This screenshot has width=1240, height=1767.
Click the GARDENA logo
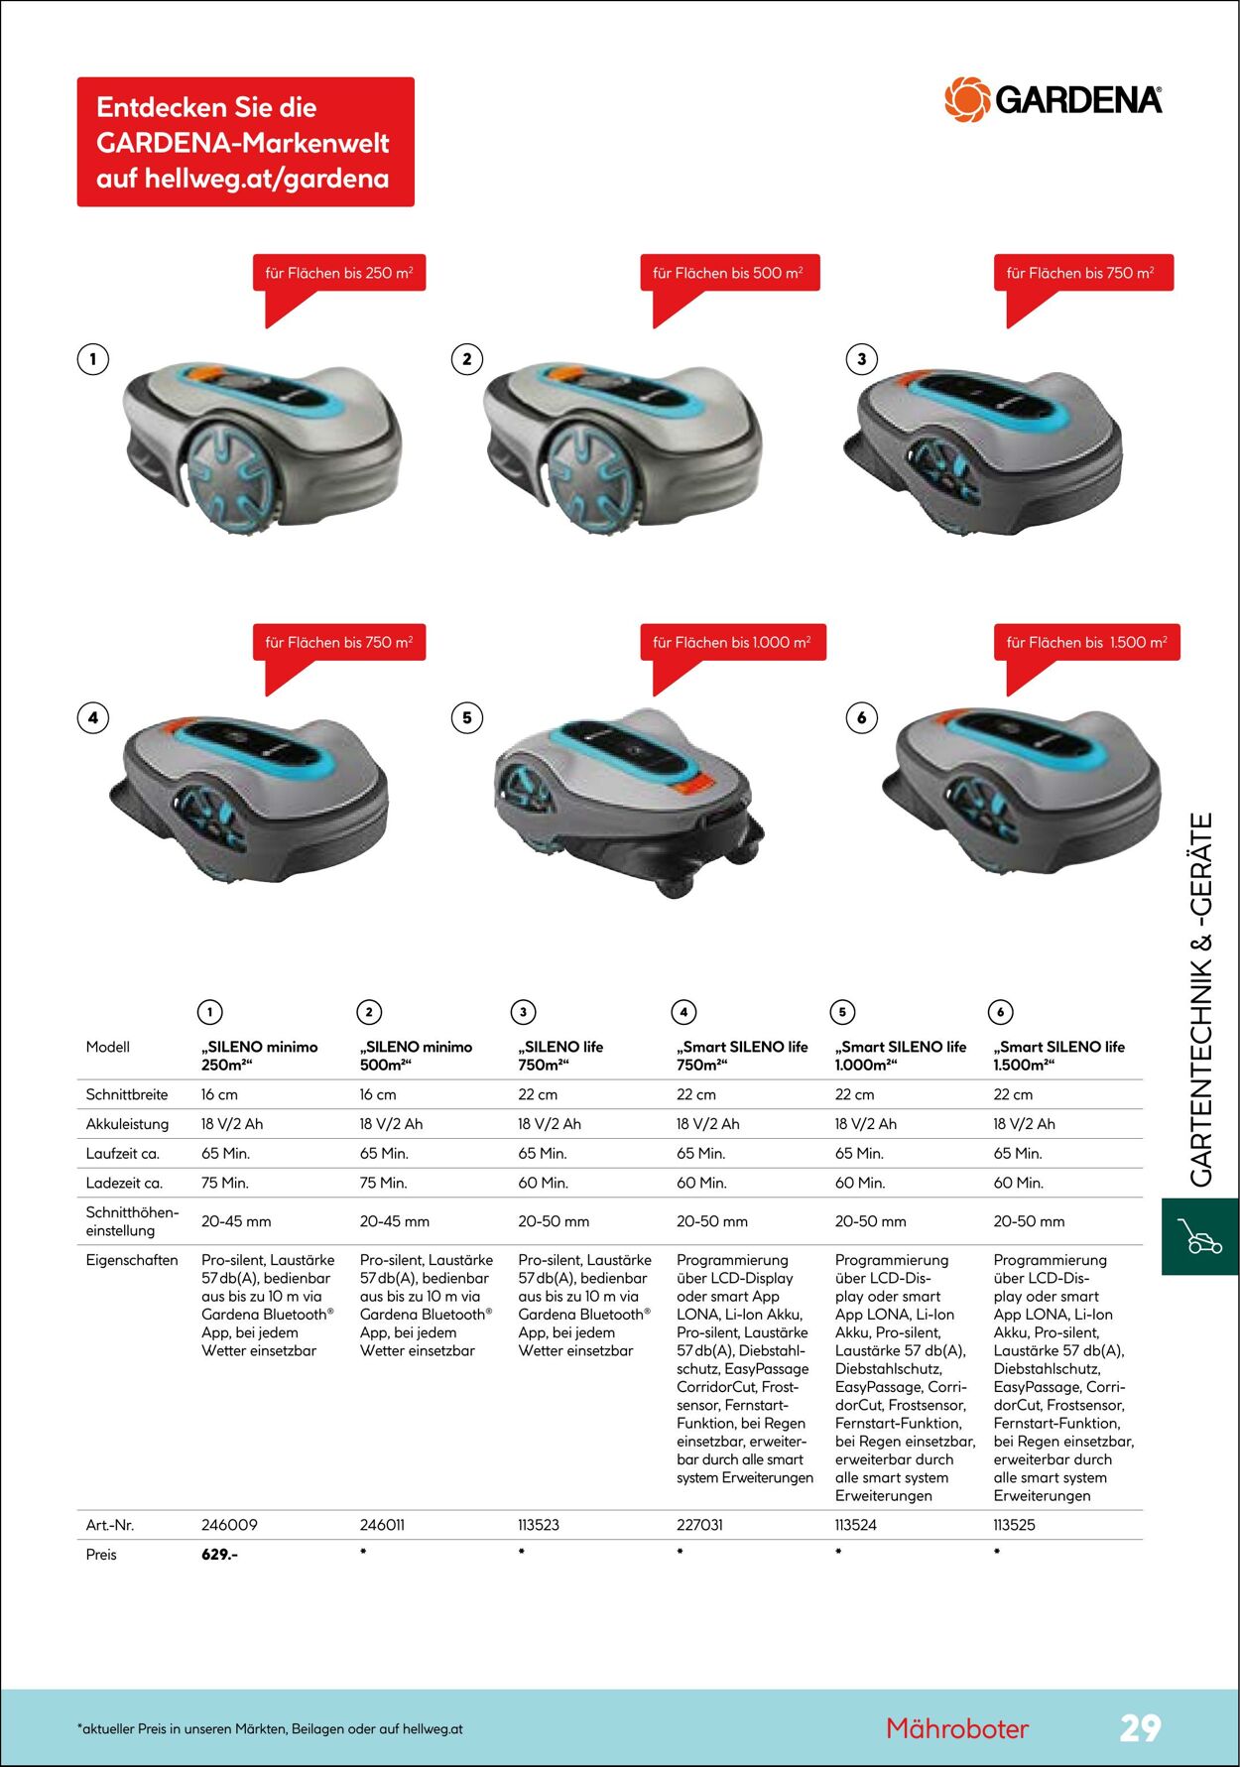[x=1053, y=99]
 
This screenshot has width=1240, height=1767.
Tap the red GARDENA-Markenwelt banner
[x=245, y=142]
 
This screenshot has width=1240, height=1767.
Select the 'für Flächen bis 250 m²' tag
[x=338, y=273]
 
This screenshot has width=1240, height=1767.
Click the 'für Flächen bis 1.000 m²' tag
[x=731, y=642]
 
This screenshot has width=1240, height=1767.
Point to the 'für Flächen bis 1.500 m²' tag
[x=1086, y=642]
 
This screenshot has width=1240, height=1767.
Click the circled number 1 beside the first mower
[x=93, y=359]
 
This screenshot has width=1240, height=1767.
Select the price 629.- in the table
[x=219, y=1554]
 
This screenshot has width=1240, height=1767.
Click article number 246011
[x=382, y=1524]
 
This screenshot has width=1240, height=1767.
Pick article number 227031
[x=699, y=1524]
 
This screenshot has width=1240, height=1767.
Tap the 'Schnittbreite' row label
[x=127, y=1094]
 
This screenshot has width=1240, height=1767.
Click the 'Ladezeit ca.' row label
[x=124, y=1183]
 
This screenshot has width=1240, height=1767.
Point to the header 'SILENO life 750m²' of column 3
[x=560, y=1056]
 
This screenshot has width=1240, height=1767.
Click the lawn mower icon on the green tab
[x=1199, y=1236]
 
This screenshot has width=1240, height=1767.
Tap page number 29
[x=1140, y=1727]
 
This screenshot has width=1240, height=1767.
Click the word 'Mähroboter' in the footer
[x=957, y=1728]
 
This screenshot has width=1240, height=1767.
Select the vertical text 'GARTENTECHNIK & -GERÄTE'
[x=1201, y=1000]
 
